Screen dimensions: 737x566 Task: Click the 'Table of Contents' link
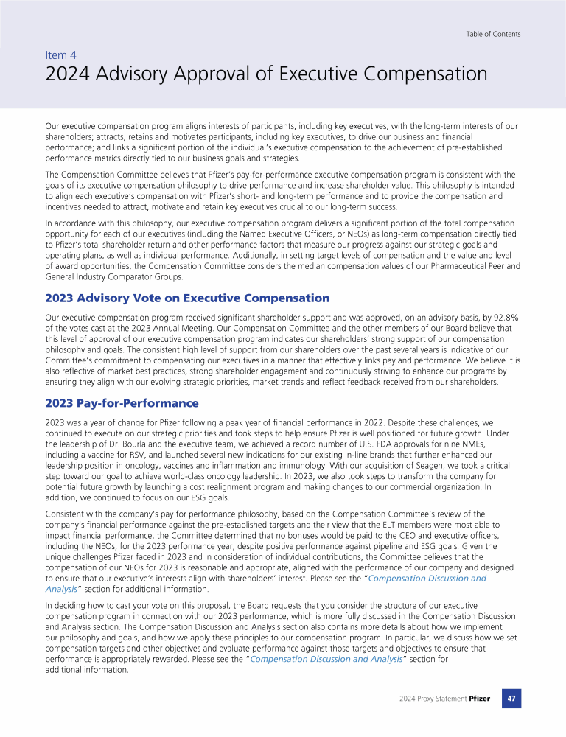click(x=493, y=34)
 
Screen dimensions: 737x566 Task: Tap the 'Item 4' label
click(x=60, y=55)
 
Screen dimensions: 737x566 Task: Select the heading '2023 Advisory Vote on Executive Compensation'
click(x=187, y=298)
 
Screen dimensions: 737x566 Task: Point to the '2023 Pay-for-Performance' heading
click(x=122, y=403)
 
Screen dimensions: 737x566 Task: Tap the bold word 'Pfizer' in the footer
click(x=479, y=699)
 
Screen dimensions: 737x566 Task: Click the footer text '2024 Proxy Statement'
click(x=433, y=699)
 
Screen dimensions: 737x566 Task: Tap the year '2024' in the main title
click(x=67, y=74)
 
